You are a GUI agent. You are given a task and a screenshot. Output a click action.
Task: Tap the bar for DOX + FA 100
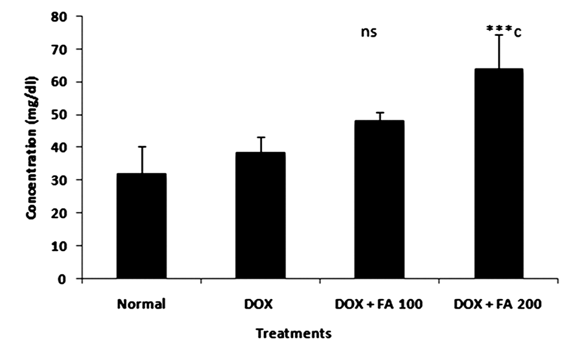pos(380,199)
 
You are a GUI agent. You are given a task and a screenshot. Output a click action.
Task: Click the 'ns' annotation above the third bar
pos(369,32)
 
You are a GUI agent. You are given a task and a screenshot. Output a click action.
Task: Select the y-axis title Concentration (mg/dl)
pos(32,147)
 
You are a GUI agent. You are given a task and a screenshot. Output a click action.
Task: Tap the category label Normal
pos(141,304)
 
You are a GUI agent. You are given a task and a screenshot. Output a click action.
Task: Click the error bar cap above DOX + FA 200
pos(499,35)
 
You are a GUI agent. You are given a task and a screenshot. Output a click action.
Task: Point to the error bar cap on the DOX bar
pos(260,137)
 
